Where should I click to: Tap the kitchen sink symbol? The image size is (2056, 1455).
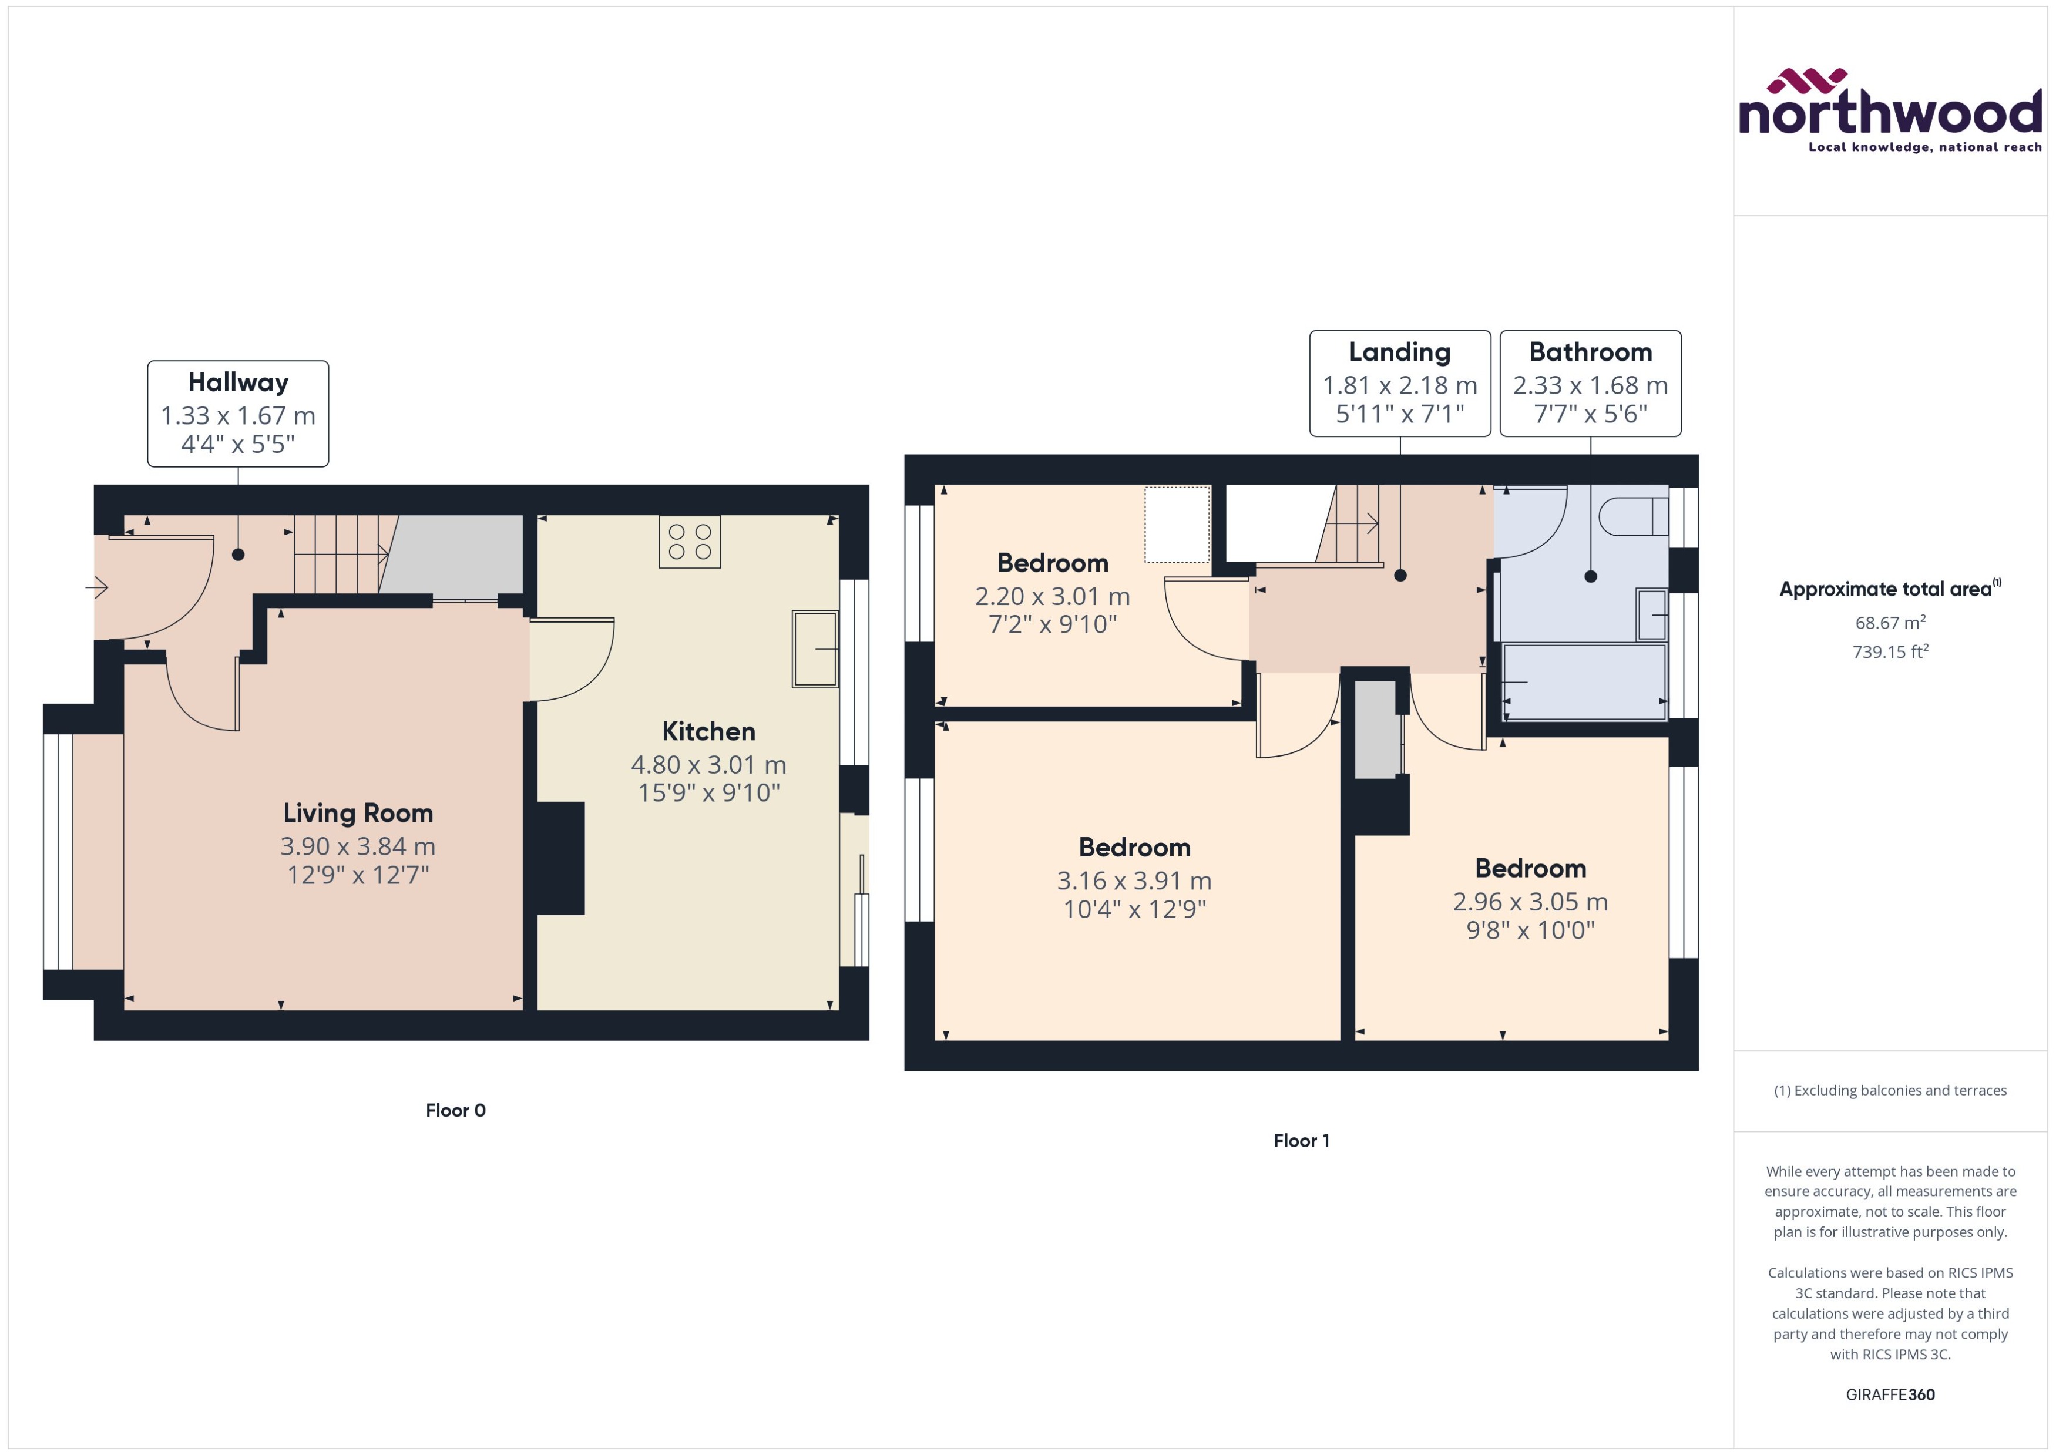click(x=814, y=648)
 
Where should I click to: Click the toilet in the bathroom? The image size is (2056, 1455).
click(x=1633, y=517)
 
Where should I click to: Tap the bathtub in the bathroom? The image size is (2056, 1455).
click(x=1583, y=681)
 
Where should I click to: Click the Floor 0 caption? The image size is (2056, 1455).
click(x=455, y=1110)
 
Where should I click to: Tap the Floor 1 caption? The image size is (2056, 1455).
click(x=1301, y=1141)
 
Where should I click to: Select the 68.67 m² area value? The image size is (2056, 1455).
click(x=1889, y=622)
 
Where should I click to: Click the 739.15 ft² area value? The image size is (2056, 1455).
click(x=1889, y=651)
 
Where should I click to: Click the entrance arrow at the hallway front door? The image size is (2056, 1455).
click(x=97, y=588)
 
